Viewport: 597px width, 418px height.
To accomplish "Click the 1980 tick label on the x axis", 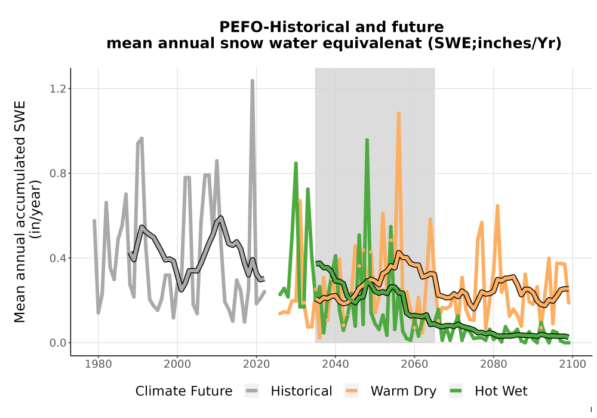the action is click(99, 364).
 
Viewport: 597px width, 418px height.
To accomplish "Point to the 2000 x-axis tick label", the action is click(177, 364).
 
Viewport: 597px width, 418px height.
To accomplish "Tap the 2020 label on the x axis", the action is click(256, 364).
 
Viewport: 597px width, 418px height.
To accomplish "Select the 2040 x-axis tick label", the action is click(336, 364).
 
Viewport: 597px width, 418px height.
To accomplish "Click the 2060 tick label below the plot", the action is click(415, 364).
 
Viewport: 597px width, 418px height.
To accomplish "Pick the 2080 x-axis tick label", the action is click(494, 364).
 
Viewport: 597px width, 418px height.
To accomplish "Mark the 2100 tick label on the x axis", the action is click(573, 364).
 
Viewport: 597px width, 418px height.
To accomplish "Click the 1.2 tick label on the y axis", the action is click(57, 89).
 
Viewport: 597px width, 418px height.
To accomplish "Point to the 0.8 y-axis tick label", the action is click(57, 174).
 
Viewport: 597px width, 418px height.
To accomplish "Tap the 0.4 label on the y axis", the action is click(57, 258).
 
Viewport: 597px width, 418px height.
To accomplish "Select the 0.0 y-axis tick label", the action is click(57, 343).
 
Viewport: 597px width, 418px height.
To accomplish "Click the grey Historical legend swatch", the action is click(252, 391).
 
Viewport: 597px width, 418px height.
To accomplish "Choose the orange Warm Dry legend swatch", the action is click(352, 391).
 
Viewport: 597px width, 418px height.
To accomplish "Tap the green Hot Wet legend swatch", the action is click(456, 391).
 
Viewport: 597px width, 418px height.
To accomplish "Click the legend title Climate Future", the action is click(184, 391).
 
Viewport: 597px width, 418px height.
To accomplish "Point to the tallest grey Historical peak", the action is click(252, 81).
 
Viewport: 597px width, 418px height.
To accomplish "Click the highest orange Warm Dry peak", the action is click(399, 113).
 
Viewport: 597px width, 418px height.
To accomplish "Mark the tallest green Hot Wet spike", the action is click(367, 140).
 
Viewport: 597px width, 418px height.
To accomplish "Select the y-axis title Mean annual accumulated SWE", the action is click(20, 211).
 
